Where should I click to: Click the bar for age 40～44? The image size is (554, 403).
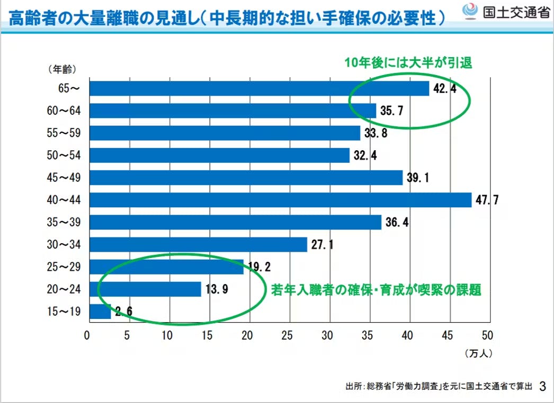(x=280, y=200)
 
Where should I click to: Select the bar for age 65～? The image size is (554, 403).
(x=259, y=88)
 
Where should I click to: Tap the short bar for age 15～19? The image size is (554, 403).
(x=100, y=312)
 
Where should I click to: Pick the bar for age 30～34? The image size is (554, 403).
(x=198, y=244)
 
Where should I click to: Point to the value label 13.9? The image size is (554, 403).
(x=218, y=289)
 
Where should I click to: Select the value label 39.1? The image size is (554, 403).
(x=418, y=178)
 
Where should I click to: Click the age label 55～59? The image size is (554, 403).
(x=63, y=133)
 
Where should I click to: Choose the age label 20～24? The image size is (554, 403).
(x=63, y=289)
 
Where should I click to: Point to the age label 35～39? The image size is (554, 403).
(x=63, y=222)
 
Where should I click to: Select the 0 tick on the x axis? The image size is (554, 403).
(x=87, y=335)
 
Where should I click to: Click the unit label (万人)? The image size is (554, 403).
(x=479, y=352)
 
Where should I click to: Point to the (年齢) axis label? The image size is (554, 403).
(x=61, y=69)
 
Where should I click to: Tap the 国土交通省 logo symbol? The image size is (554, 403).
(x=470, y=11)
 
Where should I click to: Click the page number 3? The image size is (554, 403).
(x=542, y=386)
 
